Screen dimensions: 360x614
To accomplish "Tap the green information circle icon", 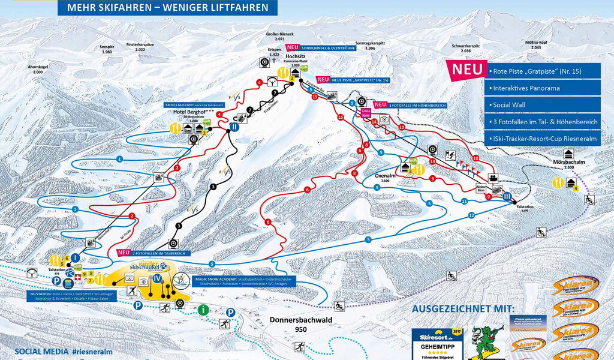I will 204,310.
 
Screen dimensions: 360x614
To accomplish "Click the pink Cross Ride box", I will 365,113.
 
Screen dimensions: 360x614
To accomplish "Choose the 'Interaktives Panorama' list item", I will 526,88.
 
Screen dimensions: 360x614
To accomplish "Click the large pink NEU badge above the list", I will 466,69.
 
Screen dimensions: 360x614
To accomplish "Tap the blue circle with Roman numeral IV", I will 157,279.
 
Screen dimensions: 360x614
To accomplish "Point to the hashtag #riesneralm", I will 92,352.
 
